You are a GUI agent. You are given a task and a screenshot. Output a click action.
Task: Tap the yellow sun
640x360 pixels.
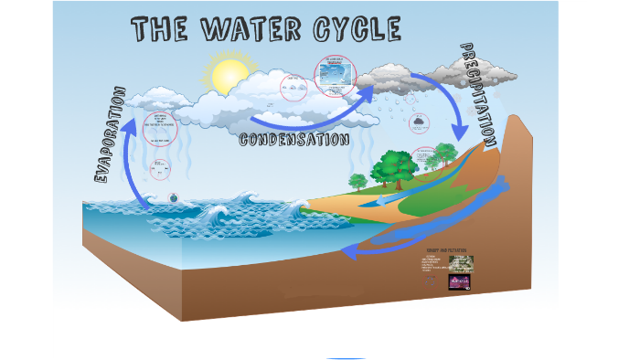pos(223,76)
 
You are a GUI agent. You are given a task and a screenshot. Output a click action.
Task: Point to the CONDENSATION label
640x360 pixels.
pos(293,140)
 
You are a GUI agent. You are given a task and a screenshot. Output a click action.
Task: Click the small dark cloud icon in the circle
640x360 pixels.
pos(419,121)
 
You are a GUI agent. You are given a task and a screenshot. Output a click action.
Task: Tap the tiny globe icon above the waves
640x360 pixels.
pos(174,196)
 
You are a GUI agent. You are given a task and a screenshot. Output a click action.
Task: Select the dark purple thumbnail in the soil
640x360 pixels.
pos(460,281)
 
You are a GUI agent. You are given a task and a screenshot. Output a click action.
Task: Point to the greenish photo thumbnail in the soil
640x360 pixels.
pos(461,263)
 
